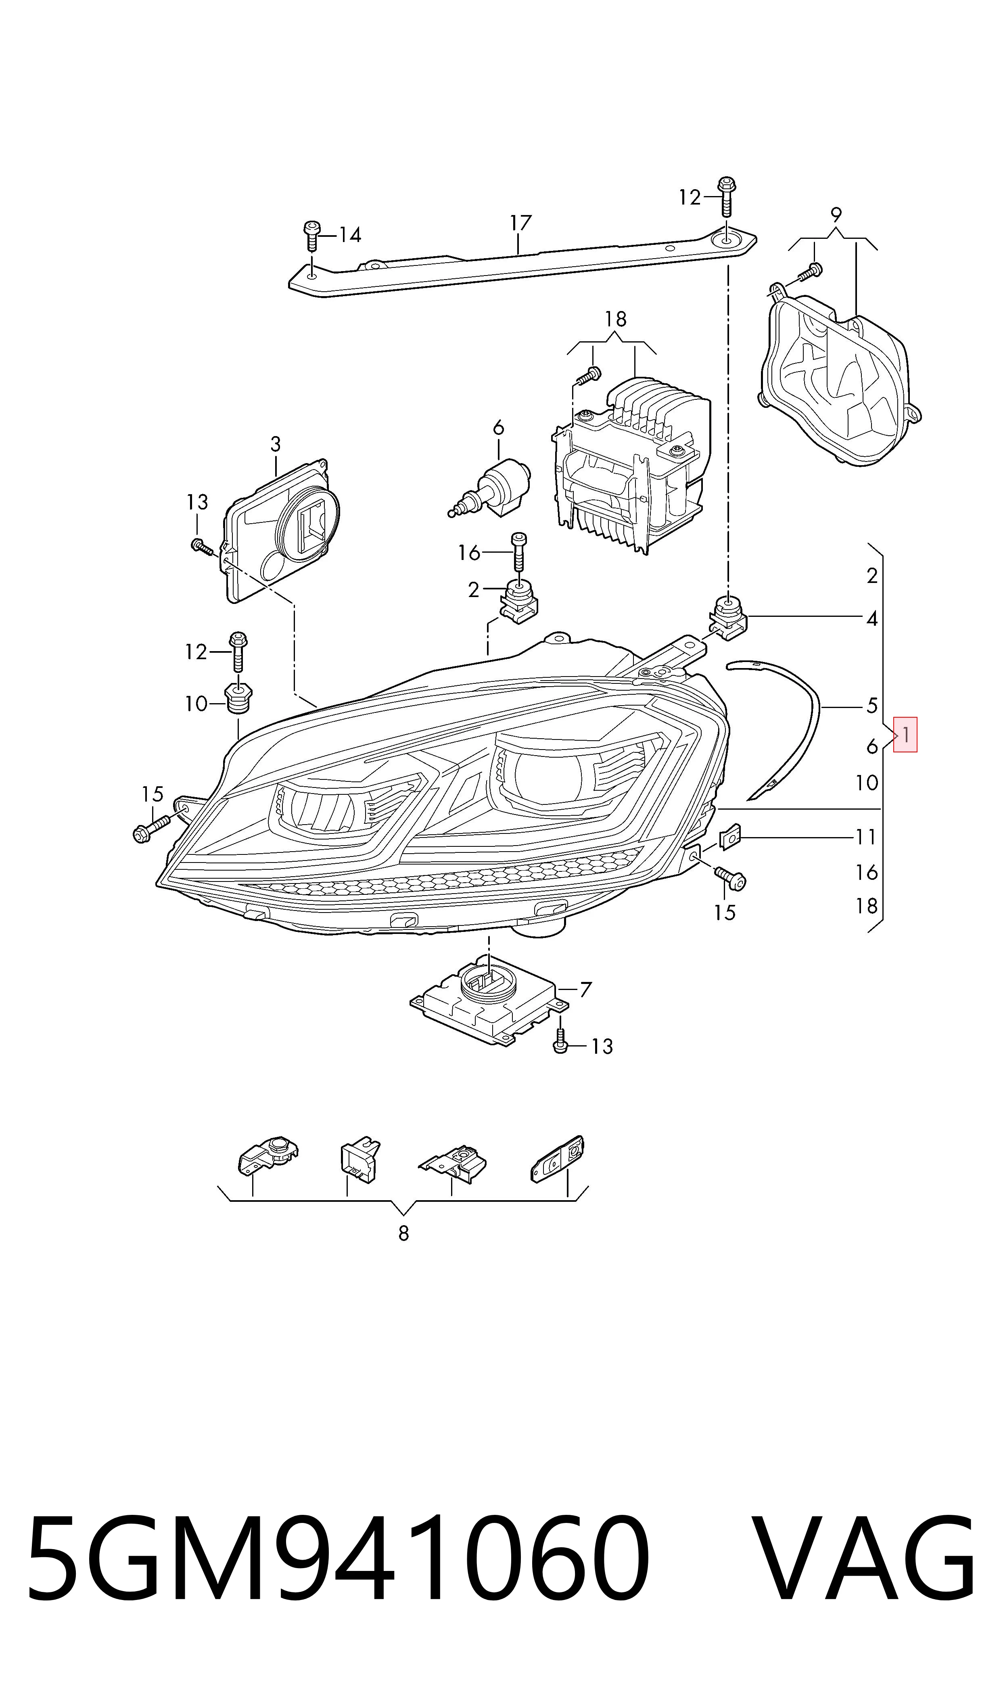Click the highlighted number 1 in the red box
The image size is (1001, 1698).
(x=905, y=734)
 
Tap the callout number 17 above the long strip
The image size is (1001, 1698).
(x=520, y=223)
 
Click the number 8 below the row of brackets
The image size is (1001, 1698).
(x=403, y=1233)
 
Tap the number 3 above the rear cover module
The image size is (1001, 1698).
(x=275, y=445)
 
